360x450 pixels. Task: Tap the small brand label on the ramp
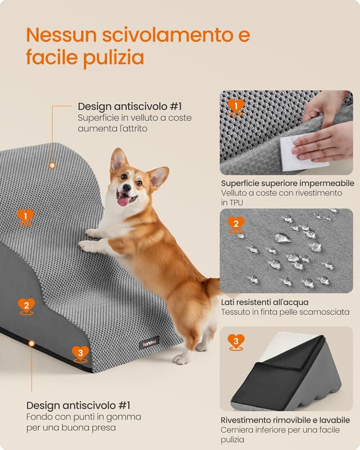tap(149, 341)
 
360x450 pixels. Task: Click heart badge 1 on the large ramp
tap(25, 216)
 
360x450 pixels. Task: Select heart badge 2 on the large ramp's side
tap(26, 305)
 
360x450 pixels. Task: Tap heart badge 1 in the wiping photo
tap(236, 106)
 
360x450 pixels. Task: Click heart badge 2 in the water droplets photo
tap(236, 224)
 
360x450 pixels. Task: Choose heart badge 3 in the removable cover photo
tap(236, 341)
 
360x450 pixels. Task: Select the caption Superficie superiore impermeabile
tap(287, 183)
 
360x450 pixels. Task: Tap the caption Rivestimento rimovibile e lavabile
tap(285, 420)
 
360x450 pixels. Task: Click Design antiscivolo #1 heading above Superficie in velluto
tap(129, 106)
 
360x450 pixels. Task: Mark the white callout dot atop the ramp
tap(52, 165)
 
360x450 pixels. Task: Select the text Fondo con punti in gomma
tap(84, 417)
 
